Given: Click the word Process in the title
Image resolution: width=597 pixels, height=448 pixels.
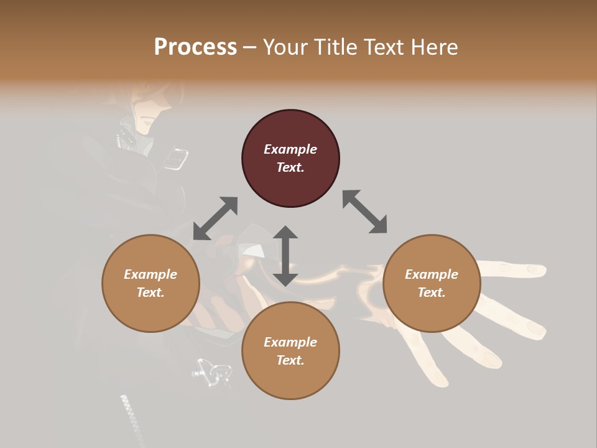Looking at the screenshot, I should [x=195, y=47].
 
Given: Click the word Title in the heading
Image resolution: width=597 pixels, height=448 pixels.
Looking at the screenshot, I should [x=335, y=47].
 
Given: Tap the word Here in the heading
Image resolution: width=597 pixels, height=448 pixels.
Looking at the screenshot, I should [x=434, y=47].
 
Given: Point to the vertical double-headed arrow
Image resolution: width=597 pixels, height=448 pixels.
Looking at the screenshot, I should [x=285, y=256].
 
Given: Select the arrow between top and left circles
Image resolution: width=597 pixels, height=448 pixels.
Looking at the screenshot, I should [x=215, y=218].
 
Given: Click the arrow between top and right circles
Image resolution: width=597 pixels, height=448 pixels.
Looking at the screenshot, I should [x=365, y=212].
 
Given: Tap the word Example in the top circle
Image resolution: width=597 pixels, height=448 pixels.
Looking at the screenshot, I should [x=290, y=149].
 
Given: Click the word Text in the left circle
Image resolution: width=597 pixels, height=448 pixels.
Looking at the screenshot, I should [x=150, y=292].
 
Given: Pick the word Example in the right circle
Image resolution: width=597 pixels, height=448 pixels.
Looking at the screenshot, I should [x=432, y=274].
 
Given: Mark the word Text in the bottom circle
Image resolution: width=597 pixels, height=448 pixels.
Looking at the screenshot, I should [x=290, y=360].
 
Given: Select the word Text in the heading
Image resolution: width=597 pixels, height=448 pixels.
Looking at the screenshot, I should [x=384, y=47].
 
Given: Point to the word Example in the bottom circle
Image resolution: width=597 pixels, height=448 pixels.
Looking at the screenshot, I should [x=290, y=342].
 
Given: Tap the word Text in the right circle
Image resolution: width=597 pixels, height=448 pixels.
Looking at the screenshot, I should [x=432, y=292].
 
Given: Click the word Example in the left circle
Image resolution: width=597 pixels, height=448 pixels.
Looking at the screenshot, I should [x=150, y=274].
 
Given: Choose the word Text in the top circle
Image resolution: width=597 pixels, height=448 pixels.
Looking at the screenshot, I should [x=290, y=167].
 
